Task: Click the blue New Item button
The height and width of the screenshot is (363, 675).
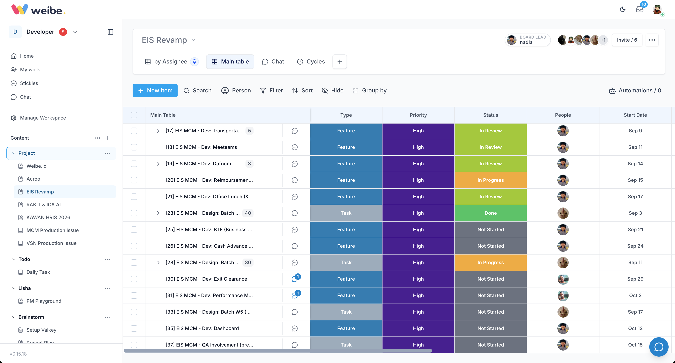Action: click(x=155, y=90)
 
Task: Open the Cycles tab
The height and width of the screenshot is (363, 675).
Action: click(x=311, y=62)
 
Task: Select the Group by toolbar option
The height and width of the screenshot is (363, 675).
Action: click(x=369, y=90)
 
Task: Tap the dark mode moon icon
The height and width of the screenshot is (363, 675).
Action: click(x=623, y=9)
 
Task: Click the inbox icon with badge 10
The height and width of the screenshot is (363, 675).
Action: click(x=640, y=9)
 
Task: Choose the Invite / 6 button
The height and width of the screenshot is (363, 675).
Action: click(x=627, y=40)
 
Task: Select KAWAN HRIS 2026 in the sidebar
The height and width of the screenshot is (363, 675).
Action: click(x=48, y=217)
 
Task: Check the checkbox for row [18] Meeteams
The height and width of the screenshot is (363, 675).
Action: click(x=134, y=147)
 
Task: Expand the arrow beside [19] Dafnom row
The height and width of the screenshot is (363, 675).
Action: click(x=158, y=164)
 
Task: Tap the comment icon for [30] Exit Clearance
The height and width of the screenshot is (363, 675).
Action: click(x=295, y=279)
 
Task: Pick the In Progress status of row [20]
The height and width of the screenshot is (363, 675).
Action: click(x=491, y=180)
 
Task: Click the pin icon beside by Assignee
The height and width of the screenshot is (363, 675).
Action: click(x=194, y=62)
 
